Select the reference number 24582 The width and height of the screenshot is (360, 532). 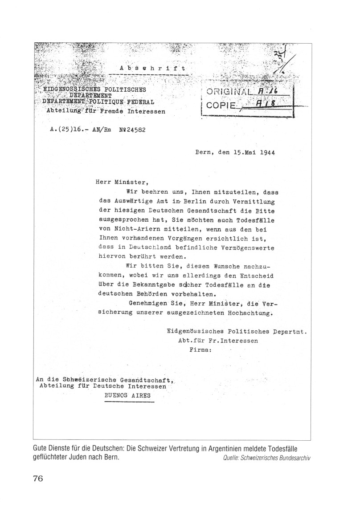coord(134,131)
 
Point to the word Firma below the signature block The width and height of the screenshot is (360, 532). coord(200,350)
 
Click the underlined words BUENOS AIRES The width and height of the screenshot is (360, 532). coord(127,395)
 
